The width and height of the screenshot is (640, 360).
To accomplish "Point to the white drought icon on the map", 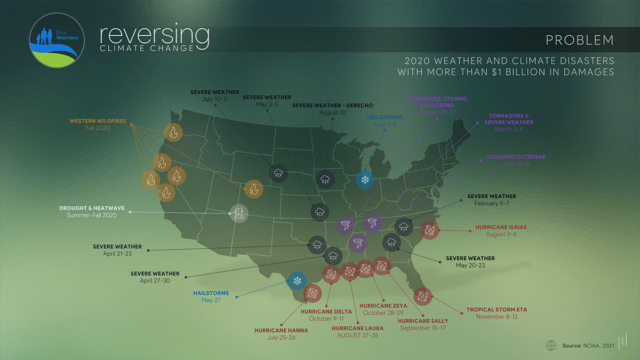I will tap(238, 214).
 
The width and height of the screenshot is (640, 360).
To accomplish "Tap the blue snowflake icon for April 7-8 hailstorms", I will tap(365, 180).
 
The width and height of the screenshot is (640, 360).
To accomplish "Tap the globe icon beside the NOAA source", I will tap(551, 346).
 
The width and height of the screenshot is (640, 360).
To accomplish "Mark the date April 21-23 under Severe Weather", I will tap(117, 254).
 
